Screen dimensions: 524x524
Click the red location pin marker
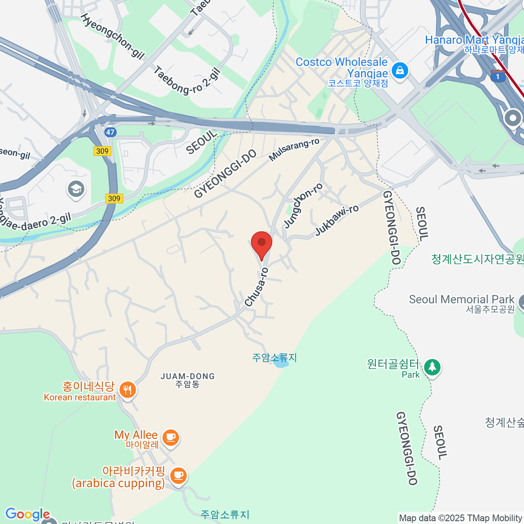[x=262, y=244]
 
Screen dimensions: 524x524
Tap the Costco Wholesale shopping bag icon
[x=400, y=70]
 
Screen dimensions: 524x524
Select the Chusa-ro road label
[x=256, y=287]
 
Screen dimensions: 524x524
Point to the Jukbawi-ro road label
[x=337, y=221]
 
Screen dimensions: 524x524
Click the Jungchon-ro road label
[x=303, y=206]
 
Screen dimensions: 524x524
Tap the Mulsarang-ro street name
[x=293, y=150]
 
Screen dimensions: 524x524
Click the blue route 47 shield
[x=110, y=132]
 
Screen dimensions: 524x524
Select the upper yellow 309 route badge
[x=102, y=151]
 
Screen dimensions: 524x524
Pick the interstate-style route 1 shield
[x=498, y=76]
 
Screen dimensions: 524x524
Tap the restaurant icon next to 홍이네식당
[x=127, y=390]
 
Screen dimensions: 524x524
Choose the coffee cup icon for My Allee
[x=170, y=437]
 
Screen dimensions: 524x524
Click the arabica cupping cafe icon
[x=178, y=475]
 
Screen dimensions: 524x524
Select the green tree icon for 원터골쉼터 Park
[x=432, y=367]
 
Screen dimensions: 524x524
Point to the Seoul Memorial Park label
[x=462, y=300]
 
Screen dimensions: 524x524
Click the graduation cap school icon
[x=76, y=189]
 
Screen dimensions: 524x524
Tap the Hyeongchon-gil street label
[x=112, y=36]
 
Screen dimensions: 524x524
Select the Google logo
[x=27, y=514]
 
